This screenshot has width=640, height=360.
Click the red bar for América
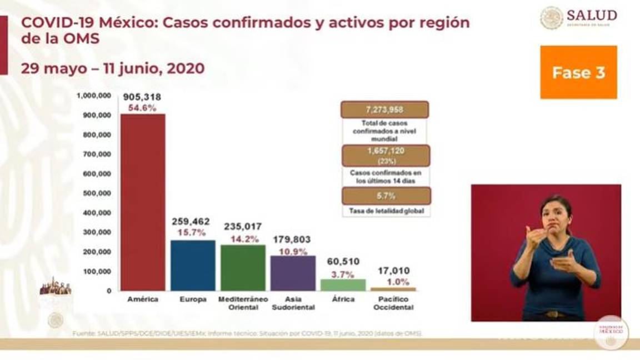tap(143, 202)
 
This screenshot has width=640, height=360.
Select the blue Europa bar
tap(193, 265)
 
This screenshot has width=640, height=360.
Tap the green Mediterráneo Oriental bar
tap(243, 267)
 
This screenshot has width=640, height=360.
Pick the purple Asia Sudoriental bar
tap(293, 273)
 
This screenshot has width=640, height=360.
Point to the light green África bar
tap(343, 284)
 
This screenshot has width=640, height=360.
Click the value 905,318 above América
tap(143, 97)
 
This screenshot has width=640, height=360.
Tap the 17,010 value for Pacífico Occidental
tap(393, 271)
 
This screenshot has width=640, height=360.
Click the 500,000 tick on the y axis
tap(97, 193)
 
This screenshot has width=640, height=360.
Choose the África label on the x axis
tap(343, 299)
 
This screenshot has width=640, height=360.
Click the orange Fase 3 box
tap(578, 72)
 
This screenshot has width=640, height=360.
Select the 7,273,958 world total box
tap(384, 109)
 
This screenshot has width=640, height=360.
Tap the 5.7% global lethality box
tap(386, 196)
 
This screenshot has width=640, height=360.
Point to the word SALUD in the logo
tap(592, 15)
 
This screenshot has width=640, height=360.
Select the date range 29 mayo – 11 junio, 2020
tap(113, 68)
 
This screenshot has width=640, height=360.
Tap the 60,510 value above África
tap(343, 261)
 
